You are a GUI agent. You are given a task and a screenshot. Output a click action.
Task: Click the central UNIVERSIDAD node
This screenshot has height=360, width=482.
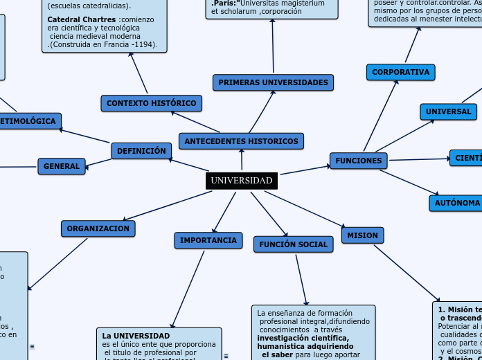point(242,181)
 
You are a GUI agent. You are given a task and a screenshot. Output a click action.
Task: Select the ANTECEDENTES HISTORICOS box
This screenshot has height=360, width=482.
point(242,141)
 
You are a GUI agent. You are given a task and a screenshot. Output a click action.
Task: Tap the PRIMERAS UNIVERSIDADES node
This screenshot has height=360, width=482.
point(273,82)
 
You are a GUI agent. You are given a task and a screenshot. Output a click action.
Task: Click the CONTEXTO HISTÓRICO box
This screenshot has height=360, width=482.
point(151,103)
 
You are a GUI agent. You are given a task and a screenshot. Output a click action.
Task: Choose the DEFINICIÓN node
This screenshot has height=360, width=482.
point(141,150)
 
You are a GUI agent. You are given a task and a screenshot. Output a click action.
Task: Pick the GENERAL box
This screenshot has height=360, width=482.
point(62,166)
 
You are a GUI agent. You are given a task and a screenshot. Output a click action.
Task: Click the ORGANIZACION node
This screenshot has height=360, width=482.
point(98,228)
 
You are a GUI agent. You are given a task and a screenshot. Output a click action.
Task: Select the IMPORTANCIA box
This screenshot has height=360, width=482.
point(208,240)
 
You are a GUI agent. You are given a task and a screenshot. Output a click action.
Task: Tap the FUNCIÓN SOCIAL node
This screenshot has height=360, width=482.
point(293,244)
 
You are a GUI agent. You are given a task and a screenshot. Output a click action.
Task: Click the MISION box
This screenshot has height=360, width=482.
point(362,235)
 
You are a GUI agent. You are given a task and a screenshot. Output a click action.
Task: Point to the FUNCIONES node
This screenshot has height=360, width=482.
point(358,161)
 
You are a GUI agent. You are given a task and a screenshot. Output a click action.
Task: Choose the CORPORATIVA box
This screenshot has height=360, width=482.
point(400,72)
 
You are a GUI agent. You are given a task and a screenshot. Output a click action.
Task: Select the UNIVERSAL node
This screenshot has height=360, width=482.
point(448,111)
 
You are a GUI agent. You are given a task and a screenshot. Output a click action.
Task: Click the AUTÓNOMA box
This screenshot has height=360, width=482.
point(456,203)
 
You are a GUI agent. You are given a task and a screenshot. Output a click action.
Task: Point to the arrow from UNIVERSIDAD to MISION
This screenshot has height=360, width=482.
point(305,208)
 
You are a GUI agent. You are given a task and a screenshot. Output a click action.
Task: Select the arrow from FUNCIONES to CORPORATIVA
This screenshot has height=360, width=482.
point(380,115)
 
